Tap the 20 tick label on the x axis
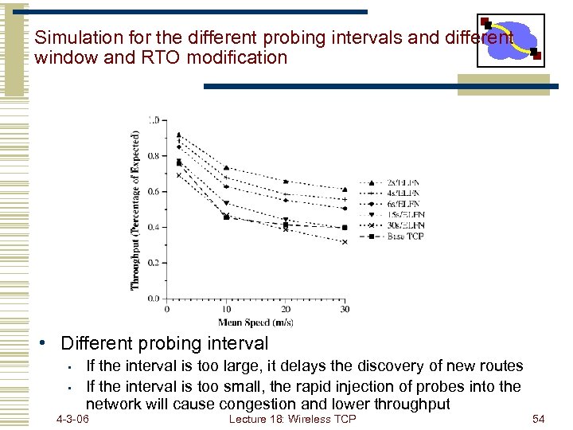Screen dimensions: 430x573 (286, 309)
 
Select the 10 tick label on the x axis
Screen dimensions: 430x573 (226, 309)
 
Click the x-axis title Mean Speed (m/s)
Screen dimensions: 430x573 (255, 322)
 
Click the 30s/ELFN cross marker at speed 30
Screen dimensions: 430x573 (345, 242)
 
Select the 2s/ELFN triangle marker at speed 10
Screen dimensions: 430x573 (226, 168)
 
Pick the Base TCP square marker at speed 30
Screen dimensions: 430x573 (345, 228)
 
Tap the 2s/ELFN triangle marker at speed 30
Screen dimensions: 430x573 (345, 190)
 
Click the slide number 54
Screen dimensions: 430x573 (538, 419)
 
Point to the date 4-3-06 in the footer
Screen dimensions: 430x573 (72, 419)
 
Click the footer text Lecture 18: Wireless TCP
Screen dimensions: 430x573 (292, 419)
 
